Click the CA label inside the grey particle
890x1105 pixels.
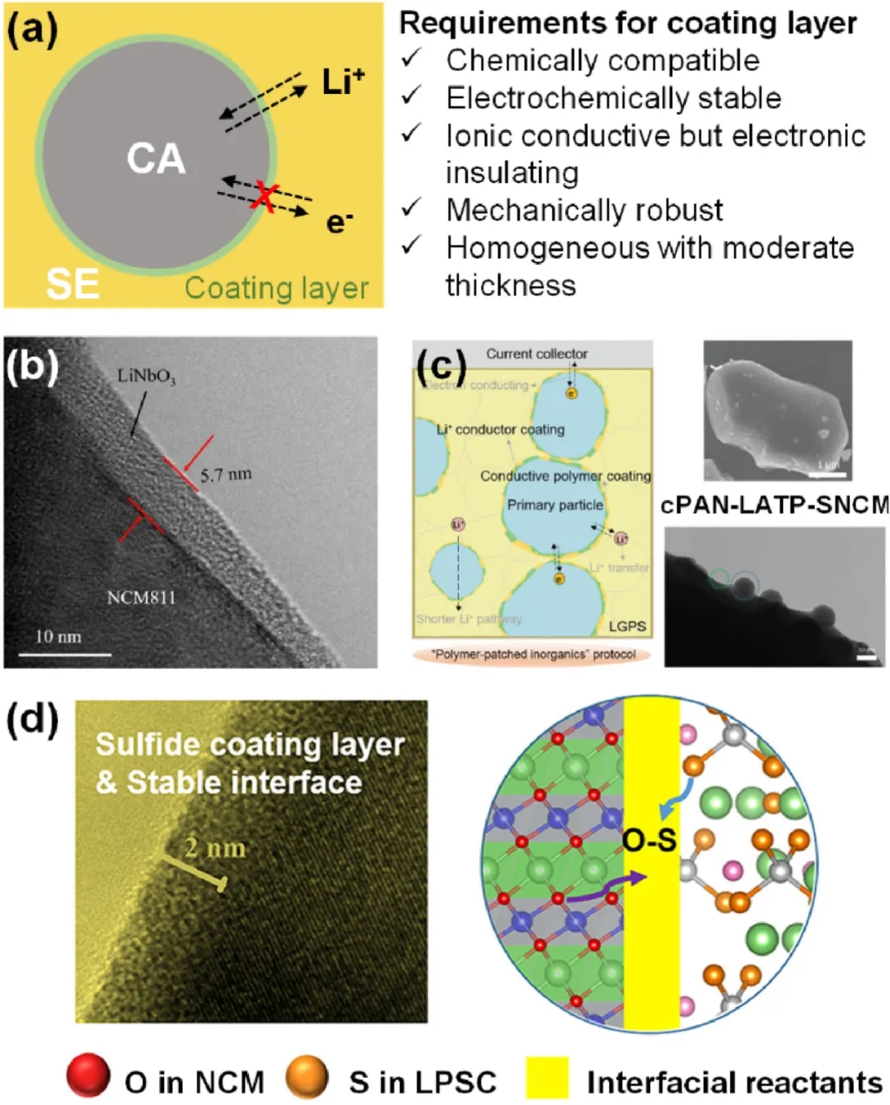click(156, 158)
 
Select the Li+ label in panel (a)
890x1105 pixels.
click(343, 82)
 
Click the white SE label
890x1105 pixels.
click(73, 284)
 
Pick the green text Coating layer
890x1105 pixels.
click(276, 288)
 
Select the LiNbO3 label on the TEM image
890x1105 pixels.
click(146, 377)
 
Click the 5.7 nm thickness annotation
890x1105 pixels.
click(226, 475)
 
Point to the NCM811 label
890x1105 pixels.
click(141, 597)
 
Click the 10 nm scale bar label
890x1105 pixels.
click(58, 637)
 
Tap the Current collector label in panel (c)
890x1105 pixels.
click(536, 354)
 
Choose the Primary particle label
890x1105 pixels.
click(555, 505)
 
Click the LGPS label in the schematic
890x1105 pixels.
click(627, 626)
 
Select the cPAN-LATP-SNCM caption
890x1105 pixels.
click(775, 504)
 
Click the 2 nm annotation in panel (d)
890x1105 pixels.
click(215, 847)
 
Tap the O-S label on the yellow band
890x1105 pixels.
click(649, 840)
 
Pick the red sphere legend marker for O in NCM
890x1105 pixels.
click(88, 1076)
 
